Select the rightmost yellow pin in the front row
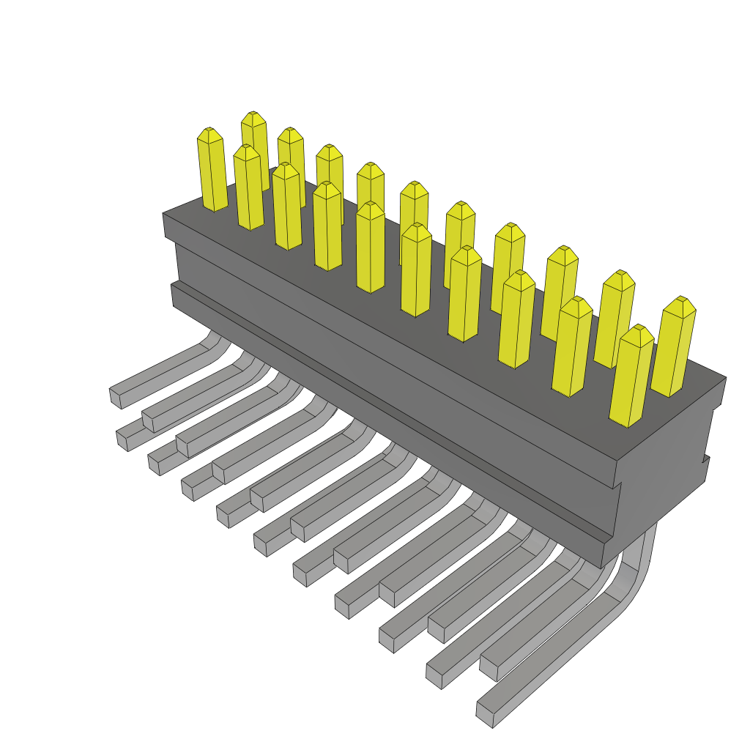pos(631,377)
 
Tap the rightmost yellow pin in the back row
pos(673,348)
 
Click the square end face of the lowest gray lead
pos(484,715)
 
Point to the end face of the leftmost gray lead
pos(115,397)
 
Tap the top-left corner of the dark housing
pos(164,215)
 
